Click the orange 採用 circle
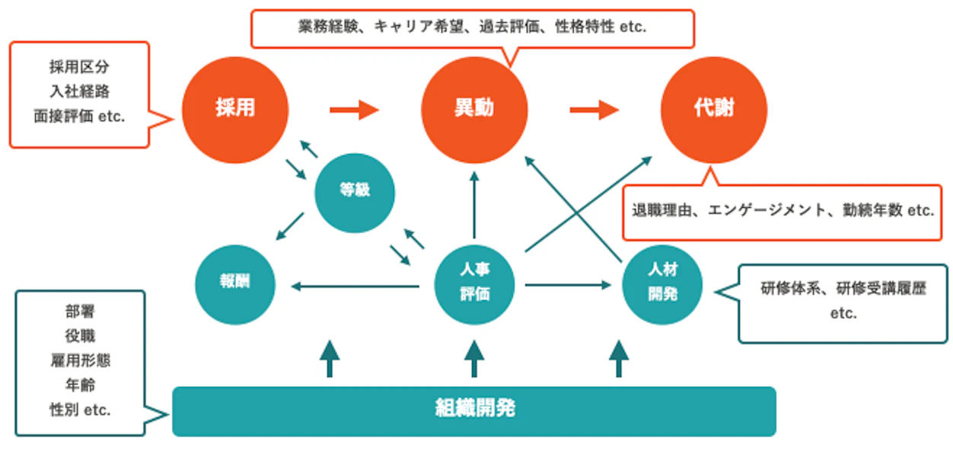pyautogui.click(x=235, y=109)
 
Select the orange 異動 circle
pyautogui.click(x=474, y=109)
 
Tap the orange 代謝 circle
pyautogui.click(x=713, y=109)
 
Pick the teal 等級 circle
pyautogui.click(x=355, y=191)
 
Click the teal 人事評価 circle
pyautogui.click(x=474, y=283)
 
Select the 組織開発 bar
pyautogui.click(x=474, y=410)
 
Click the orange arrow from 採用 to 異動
pyautogui.click(x=354, y=110)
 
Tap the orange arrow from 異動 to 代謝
pyautogui.click(x=594, y=110)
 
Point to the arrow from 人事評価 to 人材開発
pyautogui.click(x=568, y=286)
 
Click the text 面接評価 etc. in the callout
pyautogui.click(x=79, y=117)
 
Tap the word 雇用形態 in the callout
pyautogui.click(x=79, y=359)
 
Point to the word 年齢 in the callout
pyautogui.click(x=79, y=385)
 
